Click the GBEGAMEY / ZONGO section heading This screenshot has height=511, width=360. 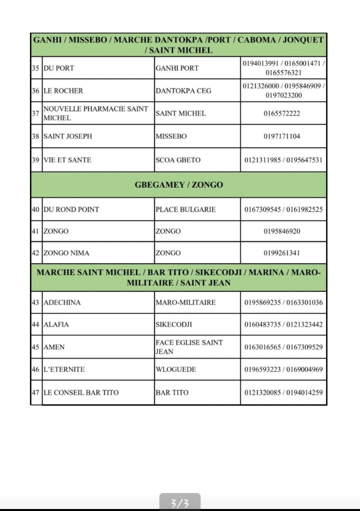179,185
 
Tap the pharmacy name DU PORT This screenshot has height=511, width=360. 59,68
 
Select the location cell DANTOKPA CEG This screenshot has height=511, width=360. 183,91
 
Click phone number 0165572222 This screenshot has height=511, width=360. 282,113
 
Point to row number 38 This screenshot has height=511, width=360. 35,136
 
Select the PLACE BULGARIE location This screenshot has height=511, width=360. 186,210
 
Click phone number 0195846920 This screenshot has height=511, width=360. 282,232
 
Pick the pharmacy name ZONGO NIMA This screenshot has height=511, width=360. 66,253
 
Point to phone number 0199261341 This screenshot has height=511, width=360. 282,253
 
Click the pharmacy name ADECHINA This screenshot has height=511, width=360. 62,302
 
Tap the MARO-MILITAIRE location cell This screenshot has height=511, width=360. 186,302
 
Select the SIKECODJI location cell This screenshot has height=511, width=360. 174,324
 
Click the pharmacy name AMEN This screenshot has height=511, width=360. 54,347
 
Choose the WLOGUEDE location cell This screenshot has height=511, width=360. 176,370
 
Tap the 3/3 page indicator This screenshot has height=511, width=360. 180,503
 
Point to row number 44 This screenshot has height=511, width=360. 35,324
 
